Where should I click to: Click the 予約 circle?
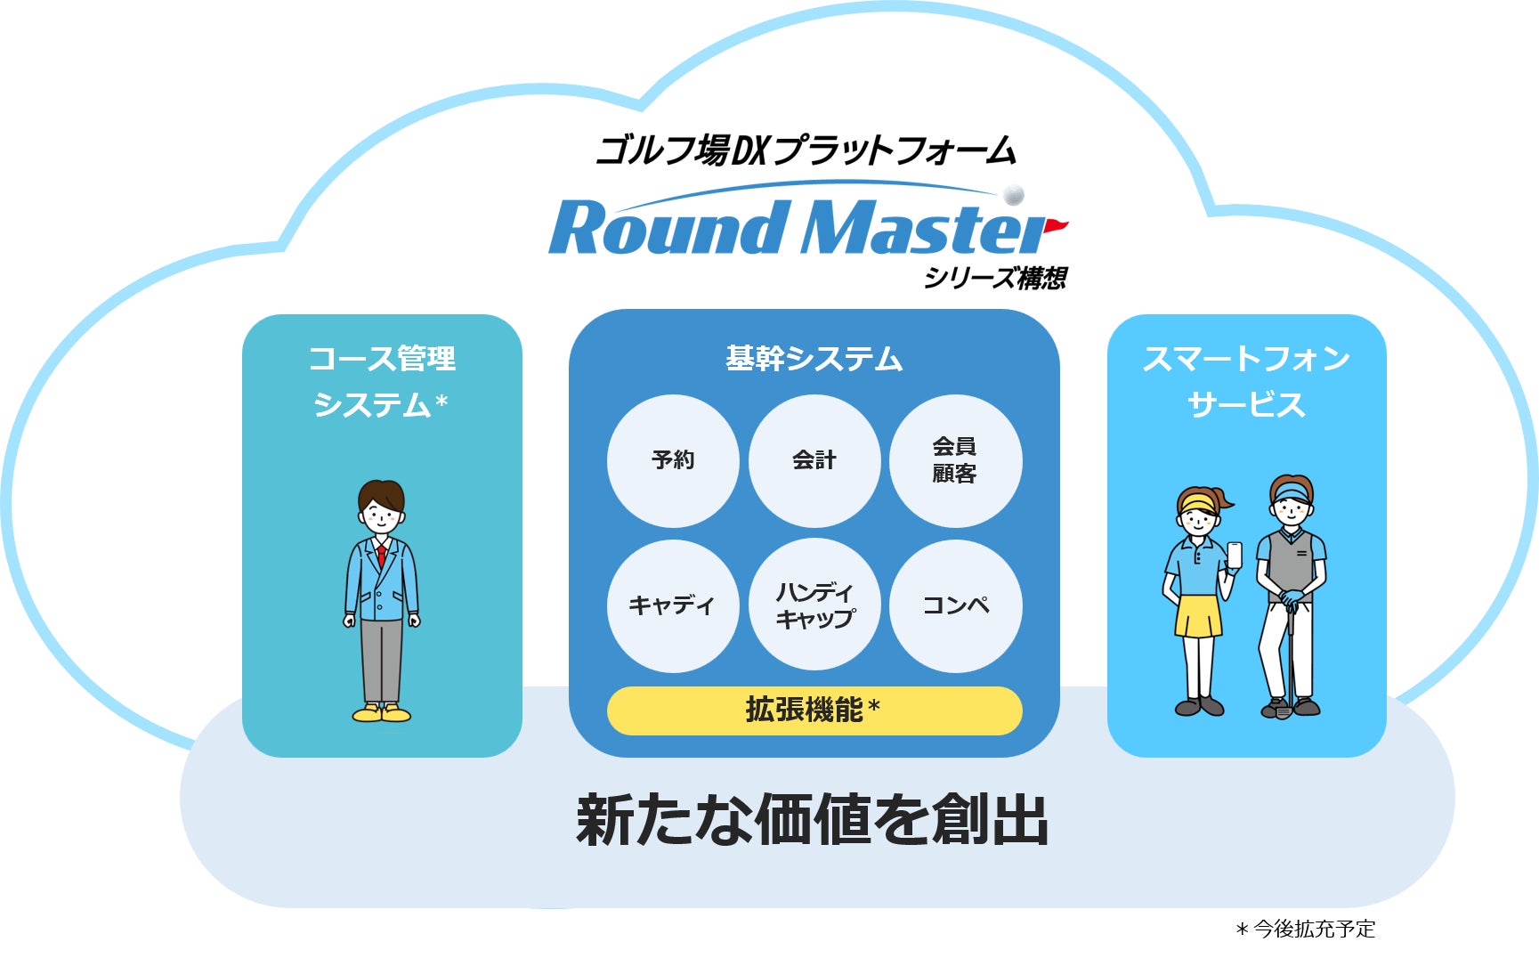point(673,461)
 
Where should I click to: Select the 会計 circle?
point(814,461)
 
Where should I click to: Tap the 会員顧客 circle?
point(956,461)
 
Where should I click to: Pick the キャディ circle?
point(673,605)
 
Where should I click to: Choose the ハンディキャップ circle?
point(814,605)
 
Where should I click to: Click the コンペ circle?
point(956,605)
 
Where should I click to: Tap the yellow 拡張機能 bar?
point(814,710)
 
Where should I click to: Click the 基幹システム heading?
point(814,359)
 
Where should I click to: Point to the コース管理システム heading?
point(382,381)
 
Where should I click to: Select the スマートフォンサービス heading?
point(1246,381)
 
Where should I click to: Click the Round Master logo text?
point(798,227)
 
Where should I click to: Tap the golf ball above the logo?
point(1013,194)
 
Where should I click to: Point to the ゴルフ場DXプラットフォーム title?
point(806,150)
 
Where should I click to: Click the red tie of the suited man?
point(381,556)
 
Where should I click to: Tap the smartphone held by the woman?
point(1234,555)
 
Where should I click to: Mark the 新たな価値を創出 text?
point(813,820)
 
